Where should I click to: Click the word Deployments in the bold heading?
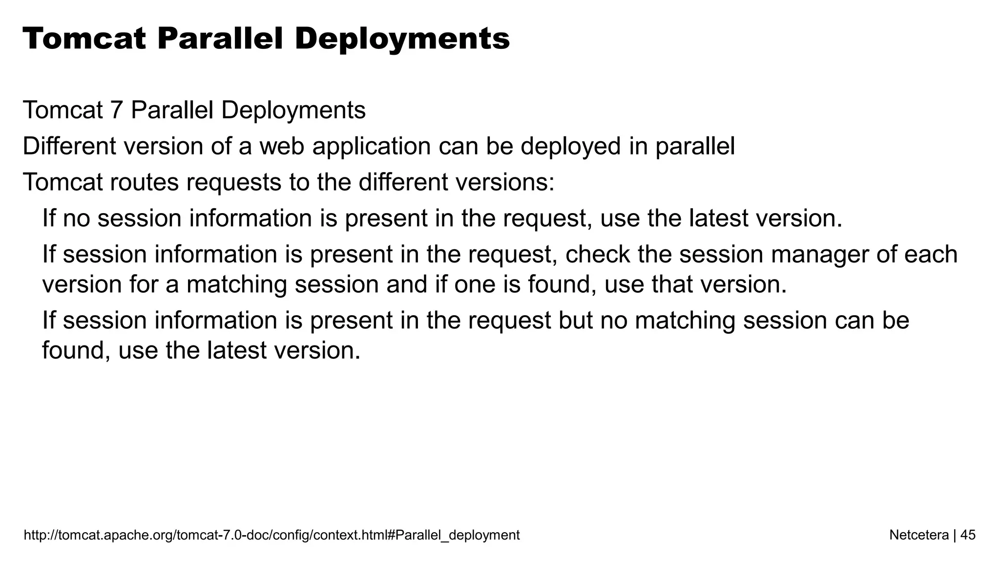(402, 39)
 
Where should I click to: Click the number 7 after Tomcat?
(116, 110)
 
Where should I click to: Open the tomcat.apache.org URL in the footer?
(271, 535)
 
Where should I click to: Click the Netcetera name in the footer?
(919, 535)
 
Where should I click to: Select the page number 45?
(968, 535)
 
